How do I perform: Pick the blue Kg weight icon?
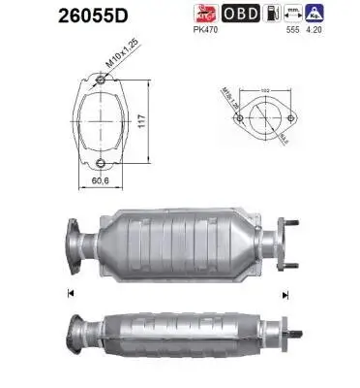[341, 13]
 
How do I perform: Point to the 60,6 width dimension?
[98, 180]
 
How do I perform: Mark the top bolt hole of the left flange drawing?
[98, 81]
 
